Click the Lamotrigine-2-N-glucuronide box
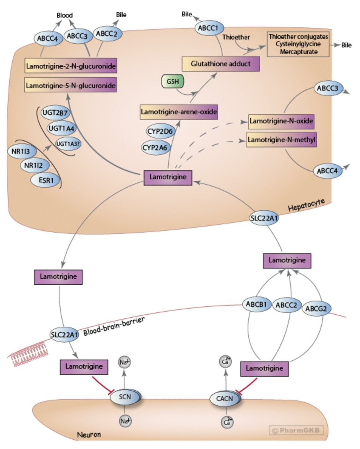(x=70, y=67)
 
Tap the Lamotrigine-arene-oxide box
(x=179, y=112)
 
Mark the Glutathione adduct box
(x=221, y=64)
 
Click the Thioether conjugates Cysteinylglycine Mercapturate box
(x=298, y=44)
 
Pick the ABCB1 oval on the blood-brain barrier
(x=256, y=304)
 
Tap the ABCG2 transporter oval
(x=316, y=309)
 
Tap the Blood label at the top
(x=65, y=15)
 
